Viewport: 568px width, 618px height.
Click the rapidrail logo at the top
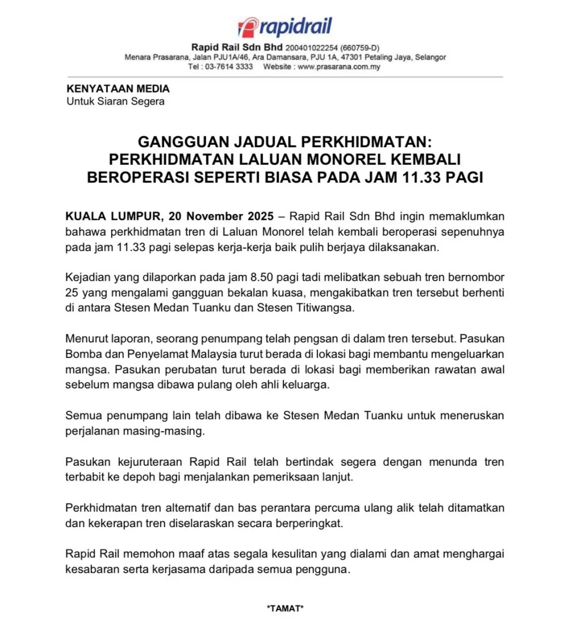click(285, 27)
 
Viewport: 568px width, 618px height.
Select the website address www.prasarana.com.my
click(339, 66)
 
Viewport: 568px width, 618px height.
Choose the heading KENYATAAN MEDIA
click(118, 89)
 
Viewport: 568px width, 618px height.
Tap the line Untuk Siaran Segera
click(115, 102)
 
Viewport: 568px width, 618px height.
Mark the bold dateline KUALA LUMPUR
click(111, 217)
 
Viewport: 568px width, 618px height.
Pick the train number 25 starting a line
click(72, 293)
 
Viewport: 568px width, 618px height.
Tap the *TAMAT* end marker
click(285, 608)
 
